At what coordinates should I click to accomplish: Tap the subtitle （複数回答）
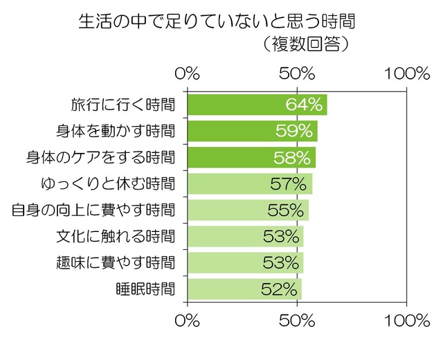pyautogui.click(x=305, y=45)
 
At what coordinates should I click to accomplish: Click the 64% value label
pyautogui.click(x=305, y=105)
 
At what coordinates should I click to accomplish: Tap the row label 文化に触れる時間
pyautogui.click(x=116, y=236)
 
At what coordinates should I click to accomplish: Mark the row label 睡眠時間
pyautogui.click(x=145, y=289)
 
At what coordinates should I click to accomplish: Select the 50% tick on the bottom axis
pyautogui.click(x=298, y=321)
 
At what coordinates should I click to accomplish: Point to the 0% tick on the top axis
pyautogui.click(x=188, y=74)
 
